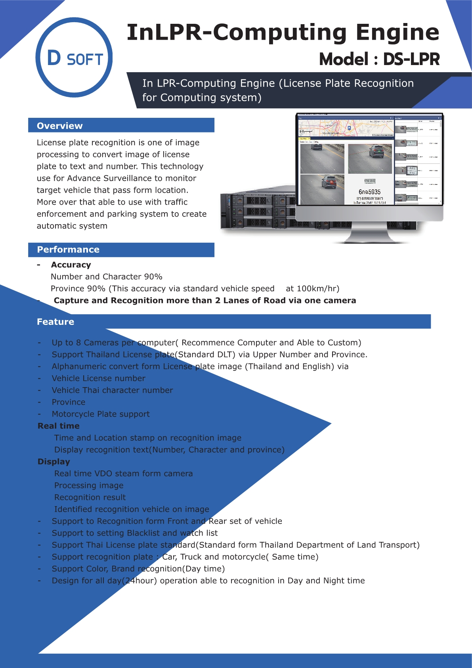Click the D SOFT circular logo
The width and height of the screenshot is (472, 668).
74,57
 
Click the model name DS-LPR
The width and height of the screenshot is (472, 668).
411,60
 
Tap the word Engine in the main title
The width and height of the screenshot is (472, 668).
397,32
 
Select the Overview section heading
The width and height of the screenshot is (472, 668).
60,126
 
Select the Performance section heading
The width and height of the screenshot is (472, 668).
68,250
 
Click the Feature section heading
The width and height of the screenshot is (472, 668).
55,322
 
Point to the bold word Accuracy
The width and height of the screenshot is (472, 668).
71,265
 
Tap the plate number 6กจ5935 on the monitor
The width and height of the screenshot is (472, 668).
369,192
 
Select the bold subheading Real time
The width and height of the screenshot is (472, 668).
59,426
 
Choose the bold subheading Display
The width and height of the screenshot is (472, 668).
54,461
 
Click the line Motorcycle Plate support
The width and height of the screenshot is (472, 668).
101,414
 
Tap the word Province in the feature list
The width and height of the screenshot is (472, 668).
69,402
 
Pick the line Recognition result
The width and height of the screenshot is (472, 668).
90,497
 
